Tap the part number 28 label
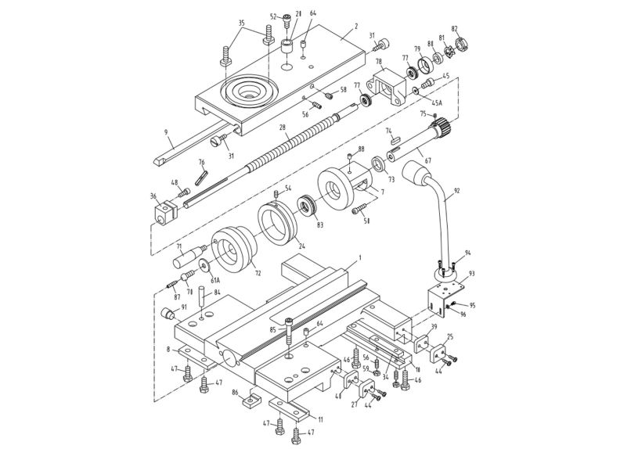282,128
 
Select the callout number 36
153,197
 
